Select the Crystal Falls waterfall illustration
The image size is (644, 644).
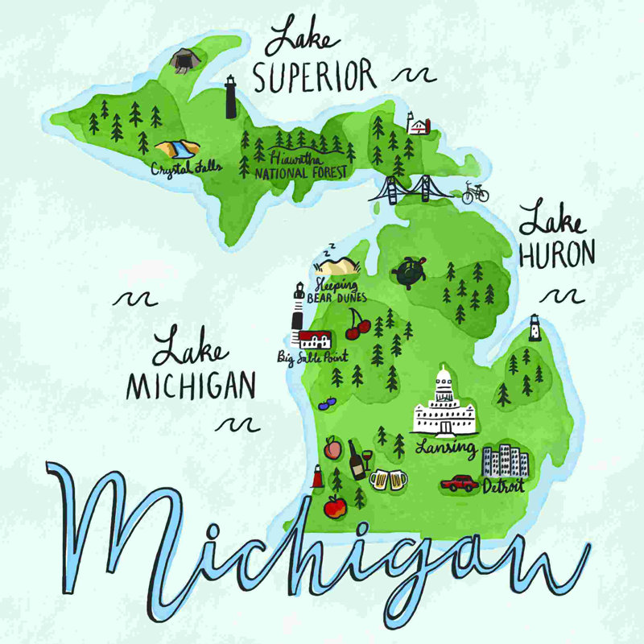coord(176,150)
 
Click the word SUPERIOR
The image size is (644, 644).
coord(314,76)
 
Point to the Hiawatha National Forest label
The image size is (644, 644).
coord(299,166)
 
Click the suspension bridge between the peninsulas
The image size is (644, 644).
coord(411,189)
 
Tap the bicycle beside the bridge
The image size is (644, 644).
coord(475,192)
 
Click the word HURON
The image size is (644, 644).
coord(557,254)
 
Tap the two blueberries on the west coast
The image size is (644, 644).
coord(327,403)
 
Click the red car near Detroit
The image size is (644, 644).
coord(460,483)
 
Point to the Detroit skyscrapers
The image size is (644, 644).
coord(505,461)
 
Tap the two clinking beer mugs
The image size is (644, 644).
coord(388,480)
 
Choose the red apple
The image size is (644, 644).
coord(334,506)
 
